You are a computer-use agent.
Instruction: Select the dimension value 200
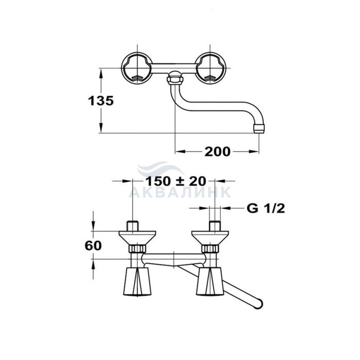218,151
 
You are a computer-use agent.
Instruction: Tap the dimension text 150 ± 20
175,181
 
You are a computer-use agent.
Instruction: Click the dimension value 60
94,245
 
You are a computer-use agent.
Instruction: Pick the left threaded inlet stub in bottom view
133,226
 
